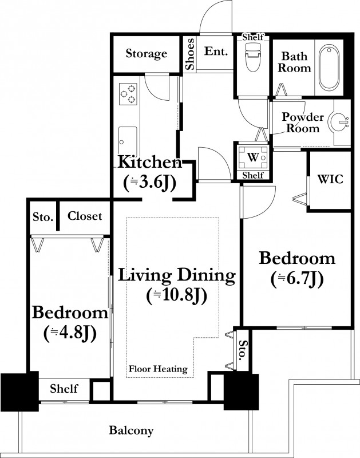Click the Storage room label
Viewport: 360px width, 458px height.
[x=147, y=54]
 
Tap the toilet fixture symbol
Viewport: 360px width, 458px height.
[x=253, y=57]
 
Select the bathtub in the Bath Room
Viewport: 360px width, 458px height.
[x=329, y=68]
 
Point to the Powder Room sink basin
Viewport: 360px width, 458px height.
[x=339, y=120]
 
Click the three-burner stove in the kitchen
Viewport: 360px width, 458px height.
[x=128, y=94]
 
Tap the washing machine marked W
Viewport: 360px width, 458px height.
[x=253, y=157]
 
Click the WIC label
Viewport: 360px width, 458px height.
[x=330, y=179]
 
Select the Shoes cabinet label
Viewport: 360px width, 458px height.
[x=190, y=54]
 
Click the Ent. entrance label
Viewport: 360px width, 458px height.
[x=216, y=52]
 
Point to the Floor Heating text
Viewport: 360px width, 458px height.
[x=158, y=369]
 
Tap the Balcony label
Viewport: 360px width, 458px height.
[x=132, y=431]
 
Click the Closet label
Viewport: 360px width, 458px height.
[x=85, y=216]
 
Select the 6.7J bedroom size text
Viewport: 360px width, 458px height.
[x=297, y=279]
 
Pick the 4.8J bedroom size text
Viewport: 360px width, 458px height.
[x=70, y=333]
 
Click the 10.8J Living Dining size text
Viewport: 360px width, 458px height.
[x=177, y=295]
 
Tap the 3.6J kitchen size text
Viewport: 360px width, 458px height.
[x=150, y=183]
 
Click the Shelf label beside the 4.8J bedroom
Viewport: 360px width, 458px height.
[x=64, y=389]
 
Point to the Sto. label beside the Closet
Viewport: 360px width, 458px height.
[x=43, y=217]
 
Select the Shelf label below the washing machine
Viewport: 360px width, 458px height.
[x=253, y=175]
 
